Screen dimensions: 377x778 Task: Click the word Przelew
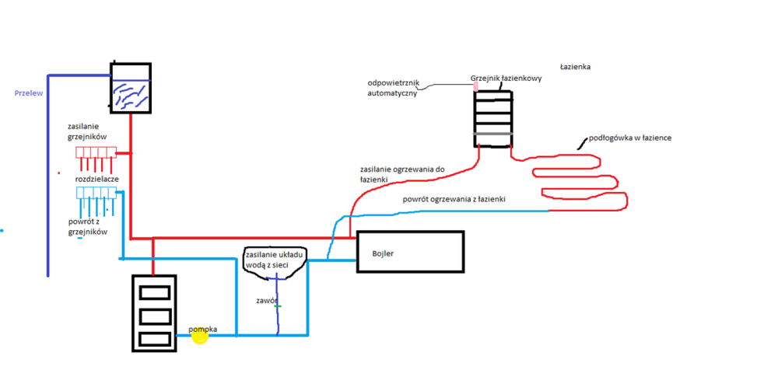(28, 93)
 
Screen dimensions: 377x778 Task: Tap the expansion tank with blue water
(130, 87)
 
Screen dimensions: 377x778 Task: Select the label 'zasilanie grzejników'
(92, 131)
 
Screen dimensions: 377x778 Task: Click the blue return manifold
(96, 193)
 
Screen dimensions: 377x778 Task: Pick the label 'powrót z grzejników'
(87, 226)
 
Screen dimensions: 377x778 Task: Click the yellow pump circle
(201, 336)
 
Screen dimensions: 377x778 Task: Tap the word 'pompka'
(202, 329)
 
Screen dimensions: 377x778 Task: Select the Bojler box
(410, 252)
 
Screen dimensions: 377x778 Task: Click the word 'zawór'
(267, 300)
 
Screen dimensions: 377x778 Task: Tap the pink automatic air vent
(475, 86)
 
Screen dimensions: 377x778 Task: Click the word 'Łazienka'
(575, 67)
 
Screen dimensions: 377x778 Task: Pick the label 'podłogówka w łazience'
(630, 138)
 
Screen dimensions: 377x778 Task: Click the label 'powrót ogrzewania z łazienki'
(454, 200)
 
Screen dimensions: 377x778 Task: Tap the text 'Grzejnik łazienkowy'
(500, 79)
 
